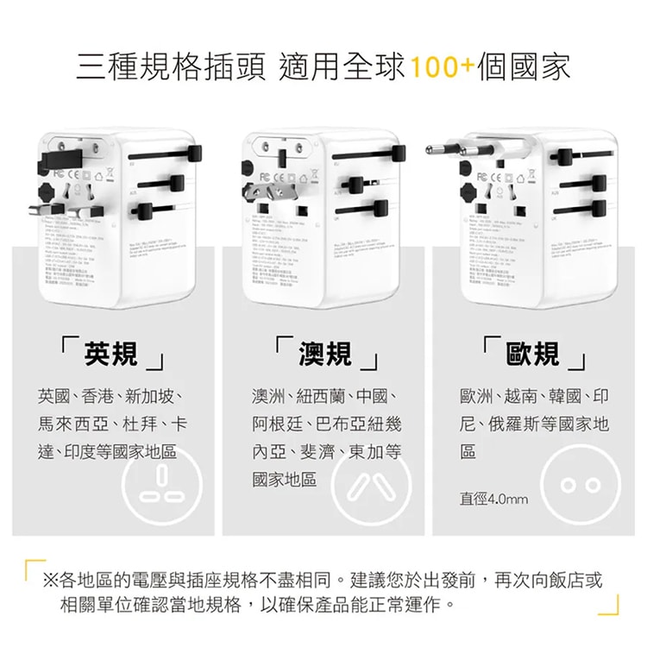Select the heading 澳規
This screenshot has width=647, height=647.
click(324, 353)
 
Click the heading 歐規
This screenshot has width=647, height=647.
click(533, 353)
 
